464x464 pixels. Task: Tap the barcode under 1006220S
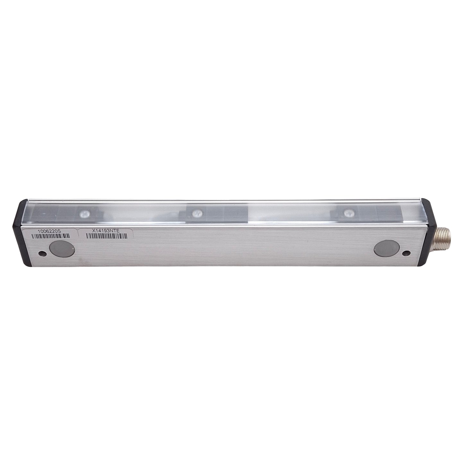tap(51, 236)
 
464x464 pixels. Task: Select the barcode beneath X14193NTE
tap(107, 236)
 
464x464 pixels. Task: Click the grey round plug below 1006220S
tap(62, 249)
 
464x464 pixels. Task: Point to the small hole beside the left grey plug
tap(42, 253)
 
